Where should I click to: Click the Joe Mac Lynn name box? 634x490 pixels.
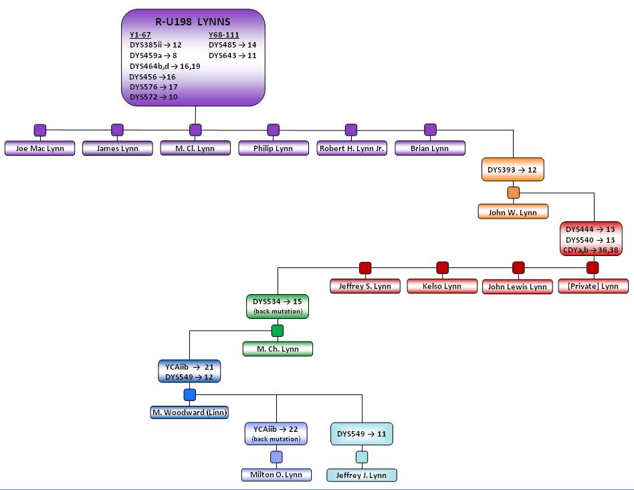pos(39,148)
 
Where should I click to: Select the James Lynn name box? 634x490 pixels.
pos(117,148)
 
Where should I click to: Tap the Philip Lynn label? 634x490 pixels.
pos(274,148)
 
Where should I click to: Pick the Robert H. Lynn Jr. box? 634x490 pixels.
pos(352,148)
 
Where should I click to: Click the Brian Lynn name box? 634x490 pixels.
pos(430,148)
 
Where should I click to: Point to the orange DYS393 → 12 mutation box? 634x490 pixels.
pos(513,169)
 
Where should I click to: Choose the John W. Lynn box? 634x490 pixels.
pos(513,212)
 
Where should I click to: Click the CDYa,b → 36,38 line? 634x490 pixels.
pos(591,250)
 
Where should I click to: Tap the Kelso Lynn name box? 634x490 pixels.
pos(442,286)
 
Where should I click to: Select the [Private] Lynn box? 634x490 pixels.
pos(593,286)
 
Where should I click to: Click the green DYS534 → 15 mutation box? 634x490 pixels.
pos(278,306)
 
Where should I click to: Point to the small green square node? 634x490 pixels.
pos(278,331)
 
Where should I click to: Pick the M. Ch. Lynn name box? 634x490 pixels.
pos(278,348)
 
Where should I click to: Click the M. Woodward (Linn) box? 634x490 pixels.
pos(189,412)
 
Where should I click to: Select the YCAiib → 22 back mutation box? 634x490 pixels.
pos(276,433)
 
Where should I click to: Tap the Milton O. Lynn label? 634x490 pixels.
pos(276,475)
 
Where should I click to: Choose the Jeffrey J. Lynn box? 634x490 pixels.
pos(362,475)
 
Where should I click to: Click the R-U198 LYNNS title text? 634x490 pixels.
pos(193,22)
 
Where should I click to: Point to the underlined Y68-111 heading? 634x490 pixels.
pos(224,35)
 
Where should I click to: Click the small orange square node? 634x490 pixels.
pos(514,193)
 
